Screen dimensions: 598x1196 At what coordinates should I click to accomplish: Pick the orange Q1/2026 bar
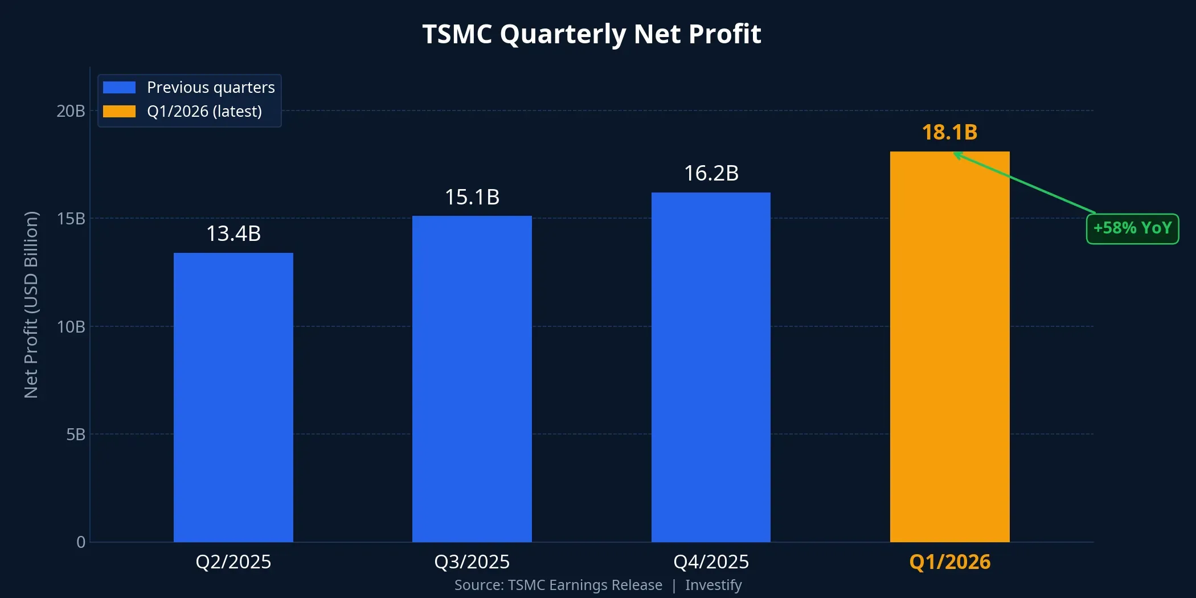point(949,347)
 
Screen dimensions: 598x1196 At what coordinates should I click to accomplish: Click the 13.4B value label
point(233,234)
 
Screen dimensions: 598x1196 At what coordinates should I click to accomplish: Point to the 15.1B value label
point(472,197)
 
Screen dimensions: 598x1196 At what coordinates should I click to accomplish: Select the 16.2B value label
point(711,173)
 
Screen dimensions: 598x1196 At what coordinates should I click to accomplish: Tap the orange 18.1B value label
point(949,132)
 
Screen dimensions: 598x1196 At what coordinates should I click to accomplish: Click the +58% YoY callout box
point(1132,228)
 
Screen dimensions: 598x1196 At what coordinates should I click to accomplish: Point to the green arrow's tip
point(955,154)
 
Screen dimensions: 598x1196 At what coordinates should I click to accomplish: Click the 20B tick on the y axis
point(71,111)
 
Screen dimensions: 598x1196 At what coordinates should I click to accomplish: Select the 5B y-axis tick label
point(75,435)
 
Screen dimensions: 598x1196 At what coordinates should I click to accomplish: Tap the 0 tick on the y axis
point(81,542)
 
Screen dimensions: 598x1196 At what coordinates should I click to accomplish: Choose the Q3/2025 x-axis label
point(472,562)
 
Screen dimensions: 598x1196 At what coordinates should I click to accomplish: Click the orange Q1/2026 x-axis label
point(949,562)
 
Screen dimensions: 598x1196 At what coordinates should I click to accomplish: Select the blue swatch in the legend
point(119,87)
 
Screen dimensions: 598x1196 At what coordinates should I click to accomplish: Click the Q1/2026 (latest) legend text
point(204,111)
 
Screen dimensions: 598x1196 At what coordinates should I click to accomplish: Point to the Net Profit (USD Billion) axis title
point(31,305)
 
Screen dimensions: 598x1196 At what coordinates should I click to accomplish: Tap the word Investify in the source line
point(713,585)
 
